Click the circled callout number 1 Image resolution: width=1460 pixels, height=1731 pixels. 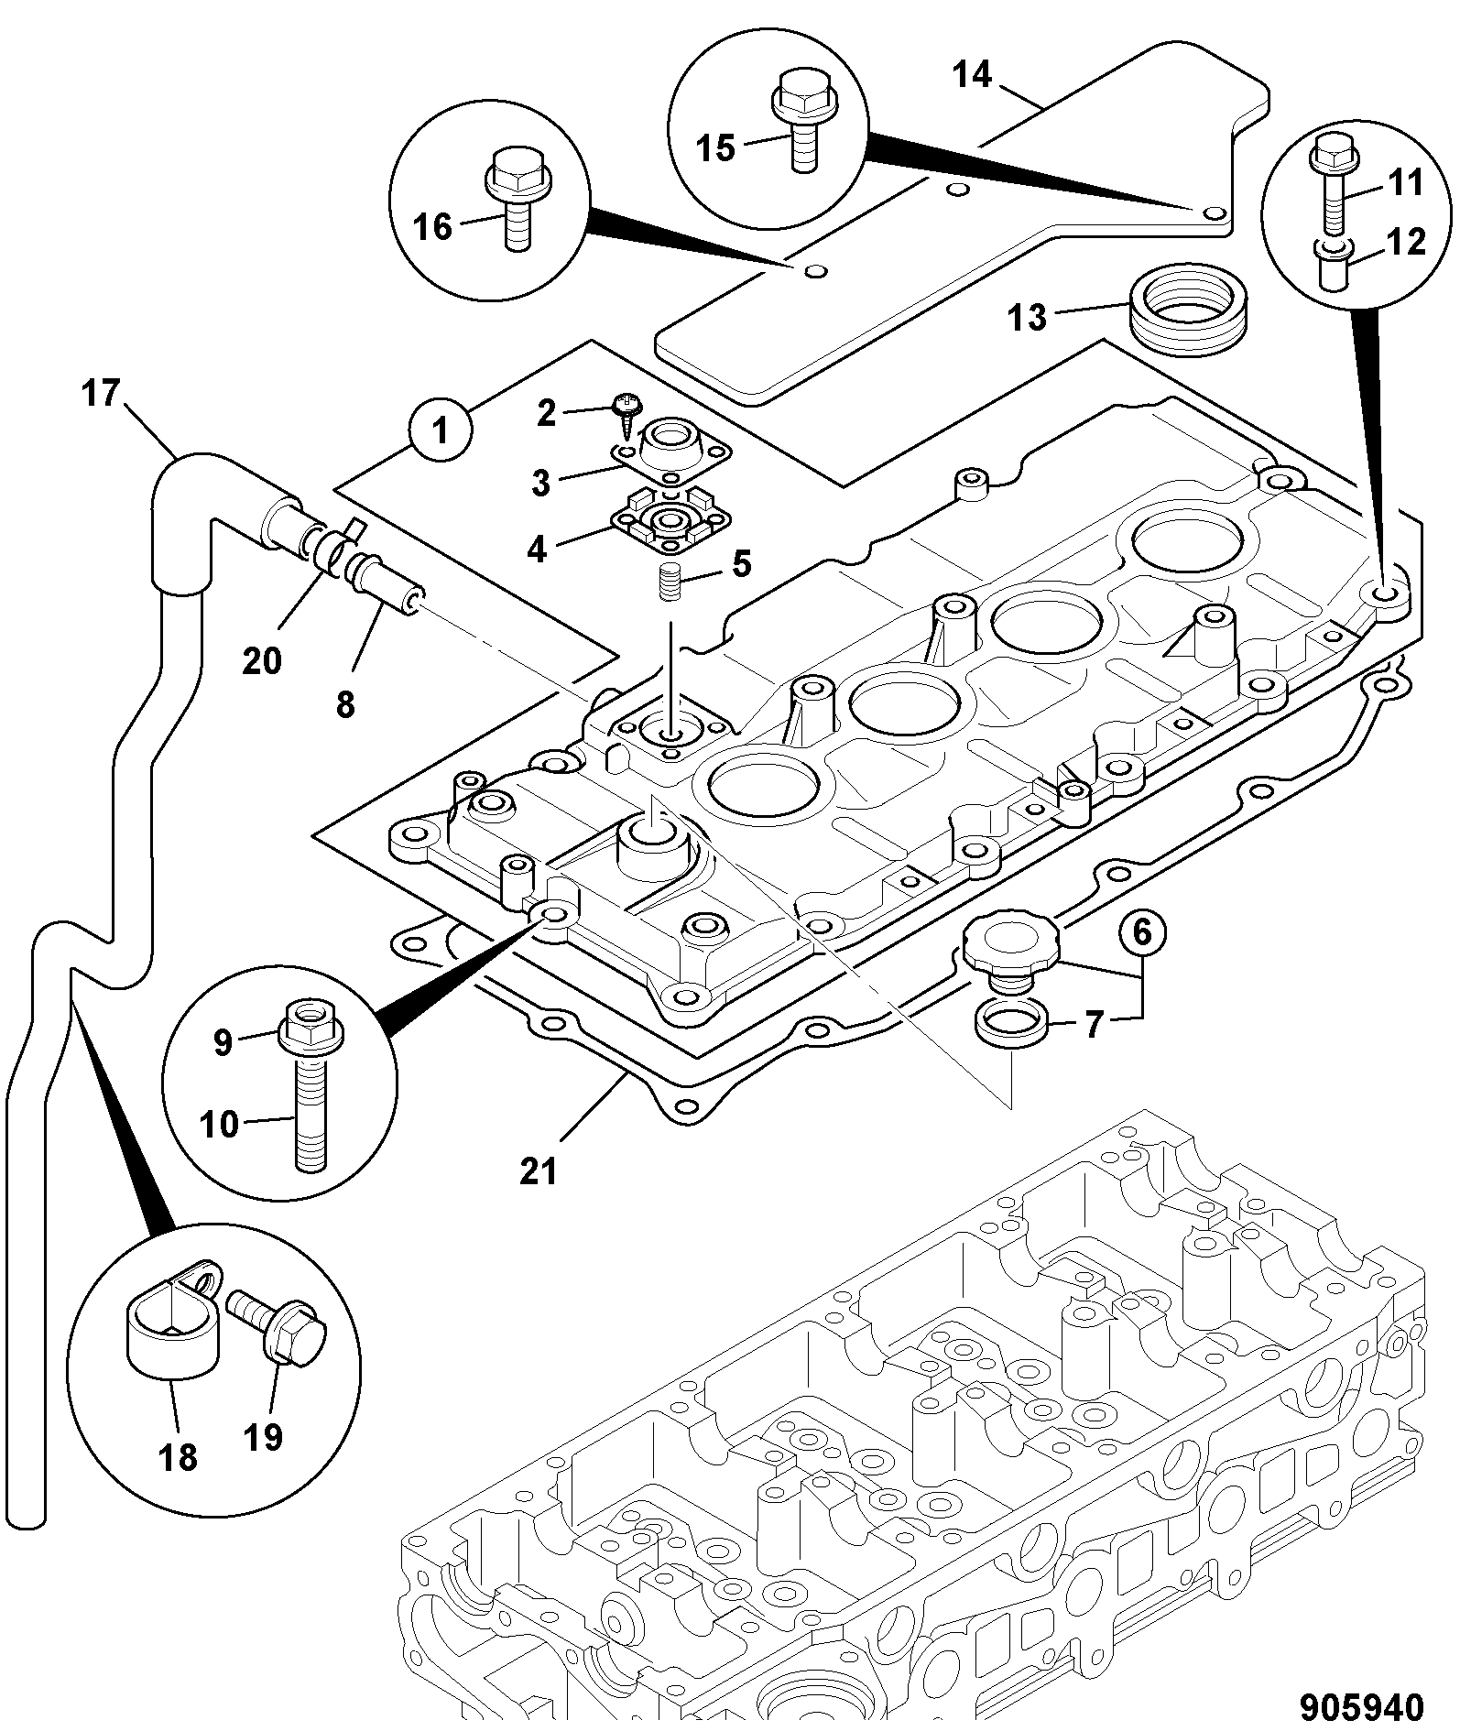pos(441,430)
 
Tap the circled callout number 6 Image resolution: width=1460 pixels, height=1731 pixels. pos(1141,932)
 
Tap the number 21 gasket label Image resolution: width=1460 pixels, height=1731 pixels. pos(538,1171)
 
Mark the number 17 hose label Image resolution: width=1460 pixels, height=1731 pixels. pos(101,394)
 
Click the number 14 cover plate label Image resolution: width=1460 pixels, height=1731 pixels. pos(972,75)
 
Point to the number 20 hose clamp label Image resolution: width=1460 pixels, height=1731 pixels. pos(262,659)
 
